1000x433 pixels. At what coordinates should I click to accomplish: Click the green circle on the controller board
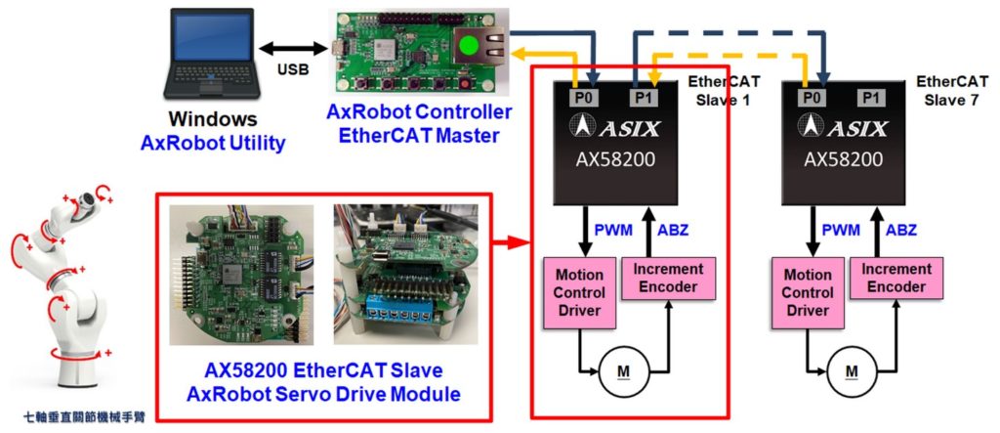coord(469,46)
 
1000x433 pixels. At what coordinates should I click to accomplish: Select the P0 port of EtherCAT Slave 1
coord(582,97)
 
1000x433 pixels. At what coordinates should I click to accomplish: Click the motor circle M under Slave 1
coord(623,371)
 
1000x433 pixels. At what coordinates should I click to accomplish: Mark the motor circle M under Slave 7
coord(852,371)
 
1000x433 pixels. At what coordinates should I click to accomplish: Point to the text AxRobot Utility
coord(213,144)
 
